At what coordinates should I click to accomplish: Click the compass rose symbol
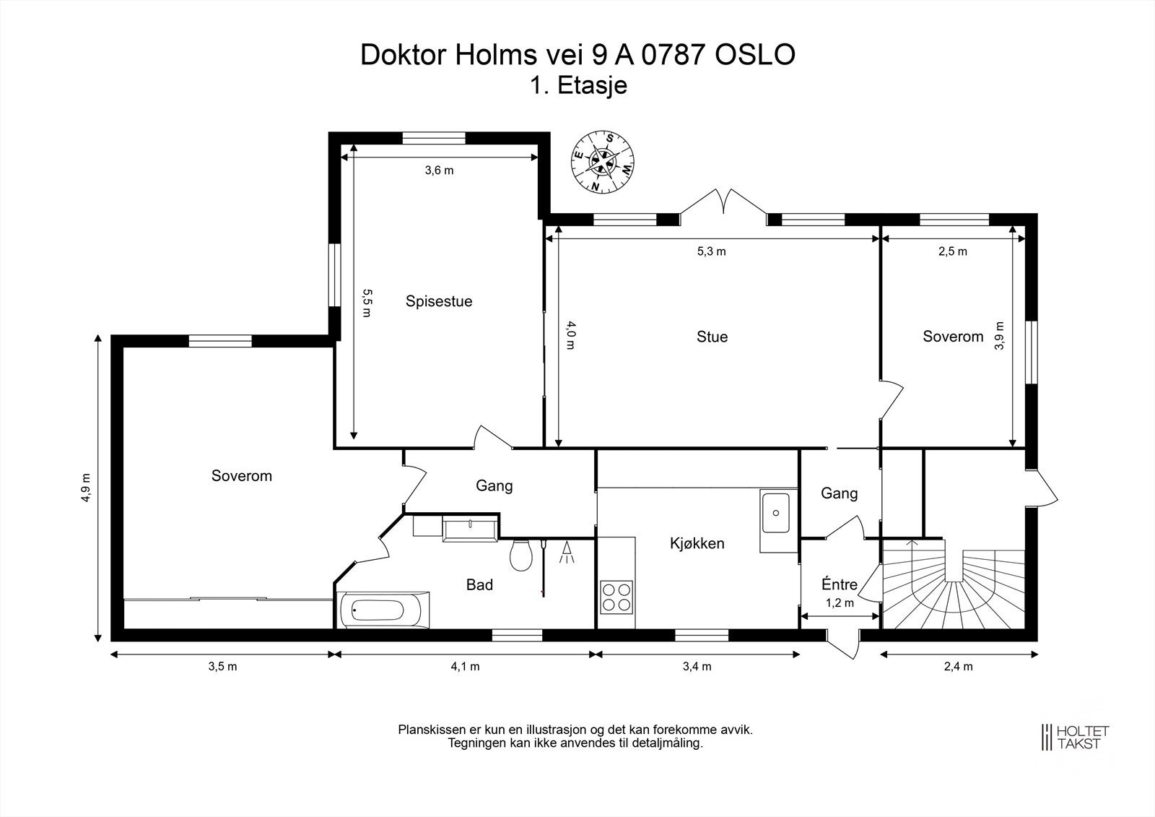(602, 162)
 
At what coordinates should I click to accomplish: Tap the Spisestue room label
(439, 301)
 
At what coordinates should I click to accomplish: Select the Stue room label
(712, 337)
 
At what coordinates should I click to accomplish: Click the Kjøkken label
(697, 543)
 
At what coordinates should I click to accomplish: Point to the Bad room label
(479, 584)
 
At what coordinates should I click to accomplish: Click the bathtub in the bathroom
(383, 610)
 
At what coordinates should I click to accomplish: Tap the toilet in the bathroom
(520, 555)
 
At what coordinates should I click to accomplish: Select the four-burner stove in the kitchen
(616, 597)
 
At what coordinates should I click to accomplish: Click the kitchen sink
(775, 513)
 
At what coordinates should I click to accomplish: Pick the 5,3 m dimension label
(712, 251)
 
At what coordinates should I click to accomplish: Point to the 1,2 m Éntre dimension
(840, 603)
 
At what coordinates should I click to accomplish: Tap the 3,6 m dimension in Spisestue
(440, 170)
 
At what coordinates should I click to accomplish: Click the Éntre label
(840, 584)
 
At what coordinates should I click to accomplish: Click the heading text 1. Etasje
(578, 86)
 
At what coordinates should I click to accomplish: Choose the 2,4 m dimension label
(959, 666)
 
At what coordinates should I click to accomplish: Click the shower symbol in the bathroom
(567, 552)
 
